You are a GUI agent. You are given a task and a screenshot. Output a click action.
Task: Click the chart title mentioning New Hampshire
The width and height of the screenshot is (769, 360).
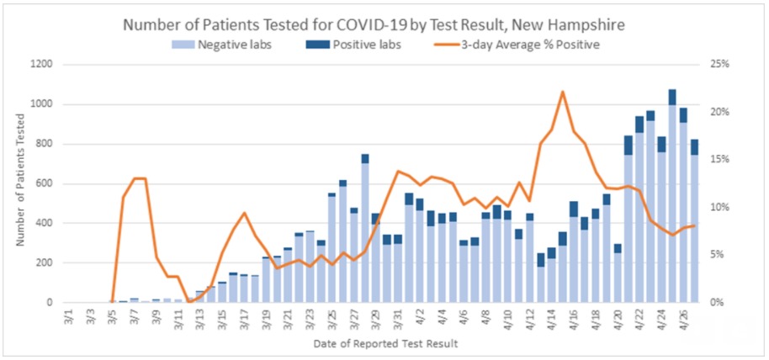[384, 24]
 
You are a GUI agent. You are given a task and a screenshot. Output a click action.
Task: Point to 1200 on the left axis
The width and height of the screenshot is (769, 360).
[40, 65]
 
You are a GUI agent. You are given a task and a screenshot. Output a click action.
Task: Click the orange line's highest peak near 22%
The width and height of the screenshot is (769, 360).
[562, 92]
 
